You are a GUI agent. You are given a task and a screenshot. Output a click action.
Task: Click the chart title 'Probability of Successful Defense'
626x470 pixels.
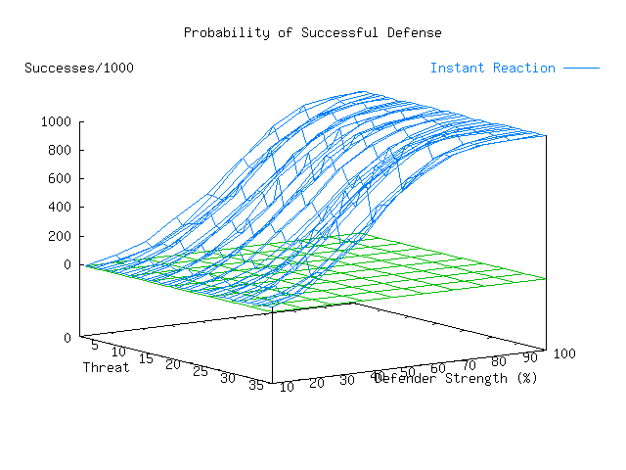(x=312, y=33)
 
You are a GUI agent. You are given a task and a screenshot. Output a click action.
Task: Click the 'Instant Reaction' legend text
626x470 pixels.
(x=492, y=69)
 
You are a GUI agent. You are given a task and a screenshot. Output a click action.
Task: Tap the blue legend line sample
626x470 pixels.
(x=580, y=69)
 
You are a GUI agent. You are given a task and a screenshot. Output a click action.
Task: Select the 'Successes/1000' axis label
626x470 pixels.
(x=79, y=69)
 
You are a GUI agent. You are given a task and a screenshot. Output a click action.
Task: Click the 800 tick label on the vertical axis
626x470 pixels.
(x=62, y=151)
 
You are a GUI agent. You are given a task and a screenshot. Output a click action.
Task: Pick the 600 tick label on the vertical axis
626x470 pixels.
(x=62, y=179)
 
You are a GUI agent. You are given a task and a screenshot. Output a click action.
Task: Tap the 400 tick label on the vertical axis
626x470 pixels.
(x=62, y=208)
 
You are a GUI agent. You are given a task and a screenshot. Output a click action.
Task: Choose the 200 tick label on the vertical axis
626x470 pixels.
(x=62, y=236)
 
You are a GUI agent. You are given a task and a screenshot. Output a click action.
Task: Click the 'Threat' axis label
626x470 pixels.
(x=106, y=368)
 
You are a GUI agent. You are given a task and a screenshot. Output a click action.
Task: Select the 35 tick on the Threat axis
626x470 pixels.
(x=255, y=386)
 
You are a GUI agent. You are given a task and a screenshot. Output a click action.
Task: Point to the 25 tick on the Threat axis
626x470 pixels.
(x=201, y=373)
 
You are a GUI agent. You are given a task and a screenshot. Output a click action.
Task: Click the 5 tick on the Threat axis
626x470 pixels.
(x=94, y=345)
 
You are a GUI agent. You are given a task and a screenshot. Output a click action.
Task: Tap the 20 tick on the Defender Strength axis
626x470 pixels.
(x=316, y=383)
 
